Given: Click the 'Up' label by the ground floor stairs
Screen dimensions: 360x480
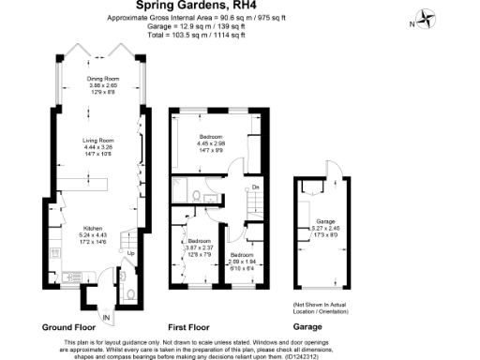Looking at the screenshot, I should [x=130, y=253].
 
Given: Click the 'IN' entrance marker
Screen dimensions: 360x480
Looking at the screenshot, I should [x=106, y=319].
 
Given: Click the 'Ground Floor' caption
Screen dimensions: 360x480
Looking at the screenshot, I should [x=70, y=328].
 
